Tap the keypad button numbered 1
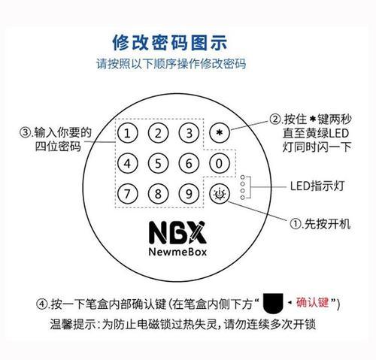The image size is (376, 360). point(128,133)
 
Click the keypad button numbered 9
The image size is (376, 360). point(189,194)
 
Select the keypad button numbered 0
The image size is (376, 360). point(220,163)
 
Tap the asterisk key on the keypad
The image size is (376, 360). point(220,132)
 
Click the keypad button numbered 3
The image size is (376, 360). point(189,133)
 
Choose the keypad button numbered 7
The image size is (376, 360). point(128,194)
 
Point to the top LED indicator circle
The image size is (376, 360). point(242,177)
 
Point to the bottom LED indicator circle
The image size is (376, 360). point(242,198)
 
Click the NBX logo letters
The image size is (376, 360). point(177,233)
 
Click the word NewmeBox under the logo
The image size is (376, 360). point(177,252)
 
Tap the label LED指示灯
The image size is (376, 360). point(317,186)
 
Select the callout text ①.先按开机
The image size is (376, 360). point(320,224)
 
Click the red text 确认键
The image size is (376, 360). point(312,302)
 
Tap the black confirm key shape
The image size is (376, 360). point(273,303)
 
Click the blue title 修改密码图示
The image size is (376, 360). point(170,43)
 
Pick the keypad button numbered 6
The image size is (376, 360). point(189,163)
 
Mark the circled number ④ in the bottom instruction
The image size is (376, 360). point(42,304)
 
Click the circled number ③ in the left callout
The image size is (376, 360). point(25,132)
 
